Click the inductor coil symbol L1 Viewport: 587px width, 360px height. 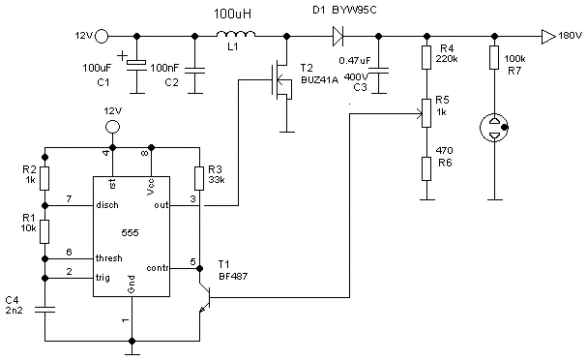[236, 34]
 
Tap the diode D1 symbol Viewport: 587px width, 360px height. [338, 37]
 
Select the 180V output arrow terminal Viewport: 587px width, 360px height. [548, 37]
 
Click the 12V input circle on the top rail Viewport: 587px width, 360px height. [102, 37]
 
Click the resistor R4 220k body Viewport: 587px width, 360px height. [426, 58]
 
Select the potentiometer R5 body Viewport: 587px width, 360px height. [426, 113]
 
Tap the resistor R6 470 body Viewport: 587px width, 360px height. [426, 168]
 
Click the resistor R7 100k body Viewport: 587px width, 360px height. [494, 58]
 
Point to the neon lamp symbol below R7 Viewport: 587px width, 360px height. [494, 128]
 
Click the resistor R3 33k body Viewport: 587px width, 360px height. [199, 179]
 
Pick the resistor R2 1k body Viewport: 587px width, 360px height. [44, 179]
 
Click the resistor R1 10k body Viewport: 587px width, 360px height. [44, 232]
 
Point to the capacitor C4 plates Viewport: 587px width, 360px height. [44, 310]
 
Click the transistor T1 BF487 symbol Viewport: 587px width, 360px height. [205, 298]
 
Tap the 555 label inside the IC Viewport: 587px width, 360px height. [130, 232]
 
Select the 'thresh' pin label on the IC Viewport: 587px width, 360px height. [109, 258]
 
